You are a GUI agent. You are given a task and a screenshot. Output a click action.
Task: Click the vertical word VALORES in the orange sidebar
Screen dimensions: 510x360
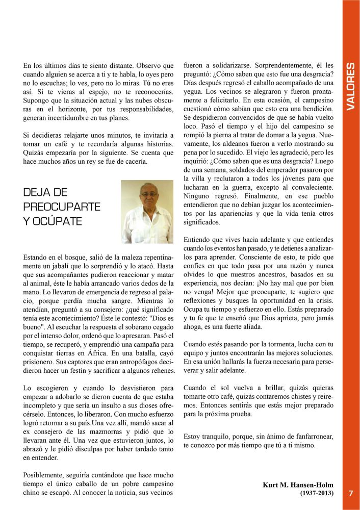point(351,87)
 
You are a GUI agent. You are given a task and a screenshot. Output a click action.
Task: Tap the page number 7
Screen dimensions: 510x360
point(351,493)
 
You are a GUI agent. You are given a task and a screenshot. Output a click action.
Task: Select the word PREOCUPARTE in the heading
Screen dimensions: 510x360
point(62,207)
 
